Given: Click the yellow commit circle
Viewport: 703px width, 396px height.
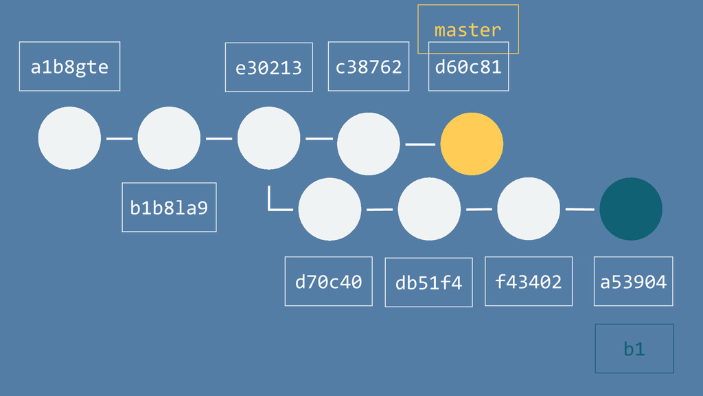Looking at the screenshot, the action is (x=472, y=144).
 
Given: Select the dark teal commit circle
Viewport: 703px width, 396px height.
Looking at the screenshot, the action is (x=631, y=209).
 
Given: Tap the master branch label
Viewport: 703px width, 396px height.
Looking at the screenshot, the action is (x=468, y=30).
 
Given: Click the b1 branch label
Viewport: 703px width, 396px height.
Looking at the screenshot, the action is (x=634, y=349).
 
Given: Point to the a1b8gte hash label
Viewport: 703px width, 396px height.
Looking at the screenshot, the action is (x=69, y=67).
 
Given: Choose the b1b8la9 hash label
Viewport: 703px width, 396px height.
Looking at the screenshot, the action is (x=169, y=207).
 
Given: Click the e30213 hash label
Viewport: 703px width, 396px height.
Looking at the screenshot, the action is (x=268, y=67).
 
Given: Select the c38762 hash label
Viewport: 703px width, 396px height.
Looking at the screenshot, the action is (x=368, y=67).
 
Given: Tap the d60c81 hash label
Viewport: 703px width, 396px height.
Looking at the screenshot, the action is (x=468, y=67).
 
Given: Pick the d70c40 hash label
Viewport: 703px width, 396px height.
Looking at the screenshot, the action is (x=328, y=281).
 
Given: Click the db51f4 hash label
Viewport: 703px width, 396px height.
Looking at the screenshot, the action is (x=428, y=283).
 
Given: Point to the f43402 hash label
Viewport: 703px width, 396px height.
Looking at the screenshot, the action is (x=528, y=281).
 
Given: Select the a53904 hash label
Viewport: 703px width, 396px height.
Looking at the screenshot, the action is (x=633, y=281).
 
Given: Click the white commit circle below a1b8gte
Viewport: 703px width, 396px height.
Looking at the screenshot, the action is (x=69, y=138).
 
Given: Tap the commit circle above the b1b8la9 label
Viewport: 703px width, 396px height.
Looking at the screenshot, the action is (x=169, y=138).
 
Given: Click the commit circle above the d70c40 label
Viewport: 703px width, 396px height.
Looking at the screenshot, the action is (x=330, y=209).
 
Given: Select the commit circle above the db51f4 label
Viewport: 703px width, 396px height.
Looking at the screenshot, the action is (x=429, y=209).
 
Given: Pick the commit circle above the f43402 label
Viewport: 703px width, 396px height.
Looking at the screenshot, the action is (x=529, y=209).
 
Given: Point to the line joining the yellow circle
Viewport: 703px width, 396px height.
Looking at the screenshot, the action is (x=420, y=144).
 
